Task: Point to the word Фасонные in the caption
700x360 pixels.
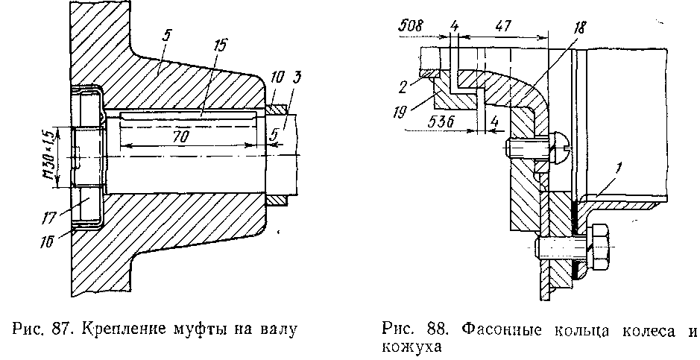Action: [492, 328]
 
